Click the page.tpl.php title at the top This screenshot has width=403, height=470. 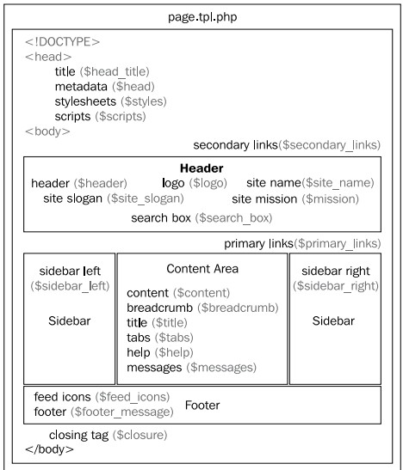pyautogui.click(x=202, y=17)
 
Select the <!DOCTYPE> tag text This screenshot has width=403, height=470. pyautogui.click(x=63, y=41)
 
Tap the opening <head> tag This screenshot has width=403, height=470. pyautogui.click(x=48, y=57)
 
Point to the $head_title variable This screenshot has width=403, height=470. pyautogui.click(x=115, y=71)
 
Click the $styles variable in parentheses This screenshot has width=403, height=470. pyautogui.click(x=144, y=101)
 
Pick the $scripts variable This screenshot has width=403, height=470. pyautogui.click(x=121, y=116)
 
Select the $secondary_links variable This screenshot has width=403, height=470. pyautogui.click(x=330, y=145)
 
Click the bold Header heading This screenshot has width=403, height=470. pyautogui.click(x=201, y=168)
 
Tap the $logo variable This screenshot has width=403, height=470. pyautogui.click(x=208, y=183)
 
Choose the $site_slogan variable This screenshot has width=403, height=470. pyautogui.click(x=146, y=198)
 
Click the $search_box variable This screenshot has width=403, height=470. pyautogui.click(x=233, y=218)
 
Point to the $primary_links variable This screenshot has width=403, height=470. pyautogui.click(x=338, y=243)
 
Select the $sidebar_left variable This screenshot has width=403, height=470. pyautogui.click(x=70, y=286)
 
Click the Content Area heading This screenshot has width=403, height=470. pyautogui.click(x=202, y=269)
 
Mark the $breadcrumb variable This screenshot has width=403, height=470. pyautogui.click(x=239, y=308)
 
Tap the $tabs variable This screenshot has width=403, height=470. pyautogui.click(x=174, y=338)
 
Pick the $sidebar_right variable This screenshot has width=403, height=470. pyautogui.click(x=336, y=286)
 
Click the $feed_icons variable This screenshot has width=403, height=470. pyautogui.click(x=133, y=397)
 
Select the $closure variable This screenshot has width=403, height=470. pyautogui.click(x=140, y=435)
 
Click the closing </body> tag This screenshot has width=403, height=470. pyautogui.click(x=50, y=449)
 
